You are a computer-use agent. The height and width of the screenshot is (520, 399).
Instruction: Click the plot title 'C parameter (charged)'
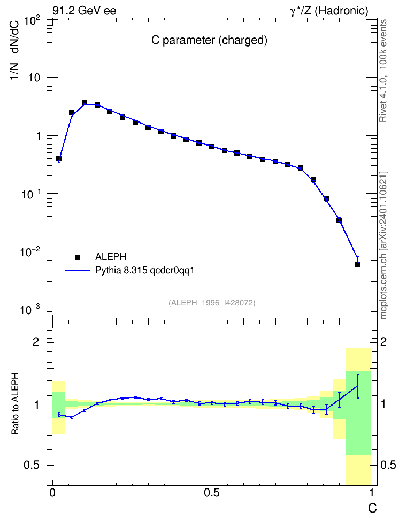coord(209,40)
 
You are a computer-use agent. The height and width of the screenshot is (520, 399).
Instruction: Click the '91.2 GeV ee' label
coord(85,11)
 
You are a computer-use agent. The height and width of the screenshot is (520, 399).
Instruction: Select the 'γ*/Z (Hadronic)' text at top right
coord(329,11)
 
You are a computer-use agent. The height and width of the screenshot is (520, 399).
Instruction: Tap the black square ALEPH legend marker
coord(78,257)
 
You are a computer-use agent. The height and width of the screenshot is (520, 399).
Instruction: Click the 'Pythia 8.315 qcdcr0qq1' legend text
coord(144,270)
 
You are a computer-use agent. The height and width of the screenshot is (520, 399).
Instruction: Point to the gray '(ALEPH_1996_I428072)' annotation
coord(212,303)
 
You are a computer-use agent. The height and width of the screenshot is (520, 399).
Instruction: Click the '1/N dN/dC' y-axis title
coord(14,50)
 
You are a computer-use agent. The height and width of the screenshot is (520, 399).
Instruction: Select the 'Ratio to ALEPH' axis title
coord(15,403)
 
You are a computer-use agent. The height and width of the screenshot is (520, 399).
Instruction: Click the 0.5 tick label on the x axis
coord(212,493)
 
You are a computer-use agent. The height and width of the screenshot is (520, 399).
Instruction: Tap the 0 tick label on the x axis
coord(52,493)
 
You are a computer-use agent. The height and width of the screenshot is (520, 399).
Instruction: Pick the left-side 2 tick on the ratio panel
coord(36,342)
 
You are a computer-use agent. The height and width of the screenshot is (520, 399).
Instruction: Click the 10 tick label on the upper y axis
coord(34,78)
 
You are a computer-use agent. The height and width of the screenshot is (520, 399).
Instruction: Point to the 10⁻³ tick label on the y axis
coord(30,310)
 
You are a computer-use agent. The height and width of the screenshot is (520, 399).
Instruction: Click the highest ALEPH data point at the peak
coord(85,102)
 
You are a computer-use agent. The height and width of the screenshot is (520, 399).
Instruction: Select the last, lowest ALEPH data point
coord(358,264)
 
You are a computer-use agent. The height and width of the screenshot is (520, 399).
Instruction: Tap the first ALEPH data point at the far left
coord(59,158)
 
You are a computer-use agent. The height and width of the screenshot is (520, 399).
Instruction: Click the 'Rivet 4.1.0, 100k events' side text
coord(383,71)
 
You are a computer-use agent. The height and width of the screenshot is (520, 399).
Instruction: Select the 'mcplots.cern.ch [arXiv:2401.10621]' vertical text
coord(383,245)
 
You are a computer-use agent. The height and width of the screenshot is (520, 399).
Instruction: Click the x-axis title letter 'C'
coord(372,508)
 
